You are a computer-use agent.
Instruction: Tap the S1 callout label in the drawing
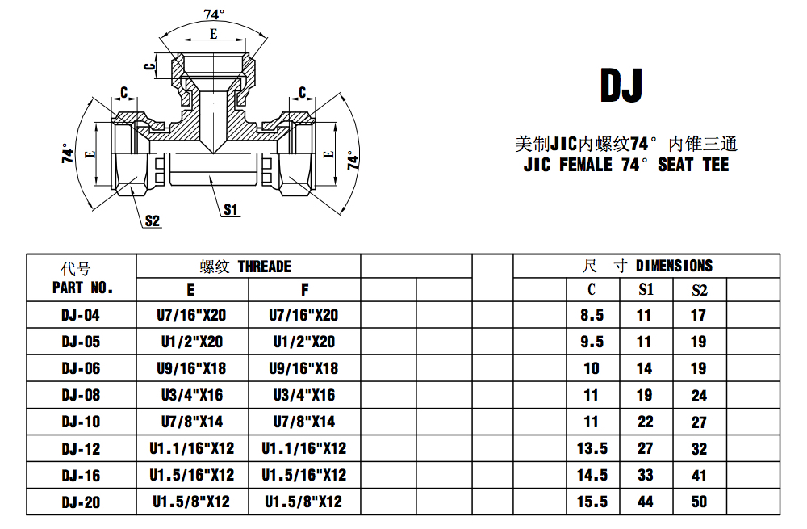[232, 210]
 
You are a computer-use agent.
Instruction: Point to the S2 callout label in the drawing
[153, 220]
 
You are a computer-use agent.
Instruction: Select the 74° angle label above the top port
[213, 15]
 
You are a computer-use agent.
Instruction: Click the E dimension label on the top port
[213, 34]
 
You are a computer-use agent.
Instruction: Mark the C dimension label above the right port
[302, 93]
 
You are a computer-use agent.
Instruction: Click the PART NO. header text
[82, 288]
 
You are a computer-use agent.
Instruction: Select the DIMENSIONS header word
[674, 266]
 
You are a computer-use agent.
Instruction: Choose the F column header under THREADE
[304, 289]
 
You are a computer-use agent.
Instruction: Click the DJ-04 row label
[82, 315]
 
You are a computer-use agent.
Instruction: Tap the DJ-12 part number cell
[82, 448]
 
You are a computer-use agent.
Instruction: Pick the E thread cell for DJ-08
[191, 395]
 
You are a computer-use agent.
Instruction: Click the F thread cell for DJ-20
[303, 502]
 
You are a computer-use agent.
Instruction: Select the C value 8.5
[592, 315]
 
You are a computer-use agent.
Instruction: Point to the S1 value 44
[646, 502]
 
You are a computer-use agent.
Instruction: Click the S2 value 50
[699, 502]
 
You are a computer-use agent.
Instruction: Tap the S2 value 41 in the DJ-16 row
[699, 475]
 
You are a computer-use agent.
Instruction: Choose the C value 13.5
[592, 448]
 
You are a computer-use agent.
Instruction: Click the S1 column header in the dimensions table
[646, 289]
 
